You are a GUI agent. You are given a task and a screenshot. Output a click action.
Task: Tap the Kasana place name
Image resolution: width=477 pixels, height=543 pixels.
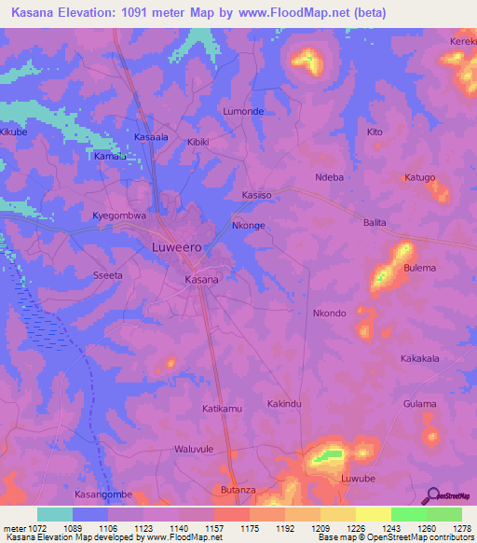[201, 279]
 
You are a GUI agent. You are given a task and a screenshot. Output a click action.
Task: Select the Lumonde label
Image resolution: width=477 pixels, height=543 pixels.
[243, 111]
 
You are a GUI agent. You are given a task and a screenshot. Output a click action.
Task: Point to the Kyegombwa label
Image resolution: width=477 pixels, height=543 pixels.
[119, 216]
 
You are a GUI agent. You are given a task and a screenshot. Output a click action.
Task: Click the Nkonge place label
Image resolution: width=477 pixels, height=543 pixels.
[249, 226]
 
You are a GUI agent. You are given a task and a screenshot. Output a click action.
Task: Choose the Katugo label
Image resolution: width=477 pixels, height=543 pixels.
[419, 177]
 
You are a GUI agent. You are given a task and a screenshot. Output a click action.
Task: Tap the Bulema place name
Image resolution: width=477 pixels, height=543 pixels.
[420, 268]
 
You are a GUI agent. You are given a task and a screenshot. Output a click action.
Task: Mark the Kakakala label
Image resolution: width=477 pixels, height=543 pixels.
[419, 358]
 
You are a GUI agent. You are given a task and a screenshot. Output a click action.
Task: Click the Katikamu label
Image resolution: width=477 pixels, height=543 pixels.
[222, 409]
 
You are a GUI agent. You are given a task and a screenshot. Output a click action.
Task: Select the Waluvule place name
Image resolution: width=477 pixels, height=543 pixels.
[194, 449]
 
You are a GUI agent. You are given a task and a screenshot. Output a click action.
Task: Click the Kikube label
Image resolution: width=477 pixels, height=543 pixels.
[14, 133]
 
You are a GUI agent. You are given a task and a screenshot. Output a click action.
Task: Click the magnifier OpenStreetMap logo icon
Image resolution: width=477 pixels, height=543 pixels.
[430, 496]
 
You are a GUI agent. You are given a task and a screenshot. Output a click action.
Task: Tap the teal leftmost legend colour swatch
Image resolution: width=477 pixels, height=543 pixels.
[55, 514]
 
